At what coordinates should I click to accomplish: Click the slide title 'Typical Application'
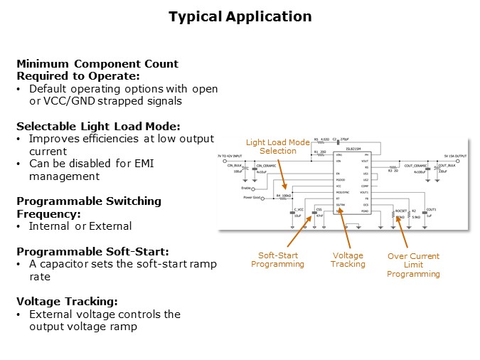click(240, 16)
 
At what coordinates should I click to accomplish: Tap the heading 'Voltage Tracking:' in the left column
click(63, 302)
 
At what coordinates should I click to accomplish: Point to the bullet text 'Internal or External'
click(80, 226)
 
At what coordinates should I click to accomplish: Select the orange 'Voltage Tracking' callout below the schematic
click(348, 260)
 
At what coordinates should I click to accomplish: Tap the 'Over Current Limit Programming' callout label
click(414, 265)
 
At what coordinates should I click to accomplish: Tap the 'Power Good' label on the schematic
click(252, 197)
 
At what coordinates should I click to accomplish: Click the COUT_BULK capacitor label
click(447, 165)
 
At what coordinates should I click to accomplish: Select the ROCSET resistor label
click(401, 211)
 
